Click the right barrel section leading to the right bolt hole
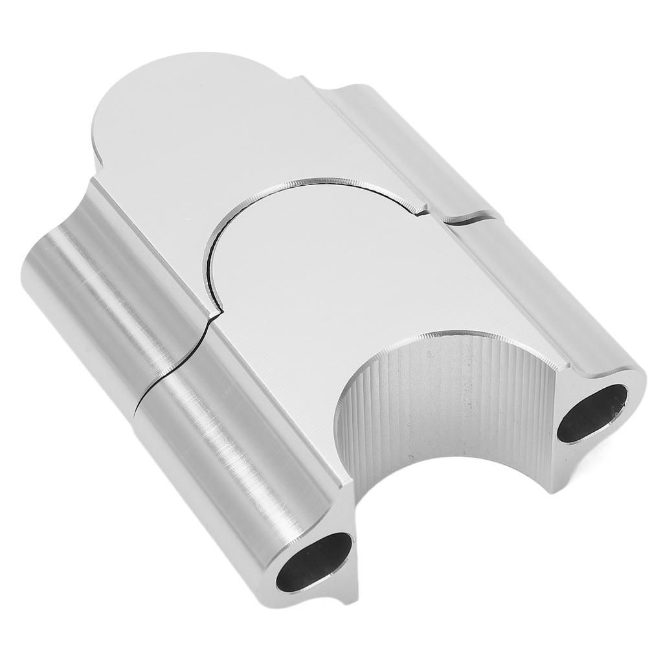[550, 291]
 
